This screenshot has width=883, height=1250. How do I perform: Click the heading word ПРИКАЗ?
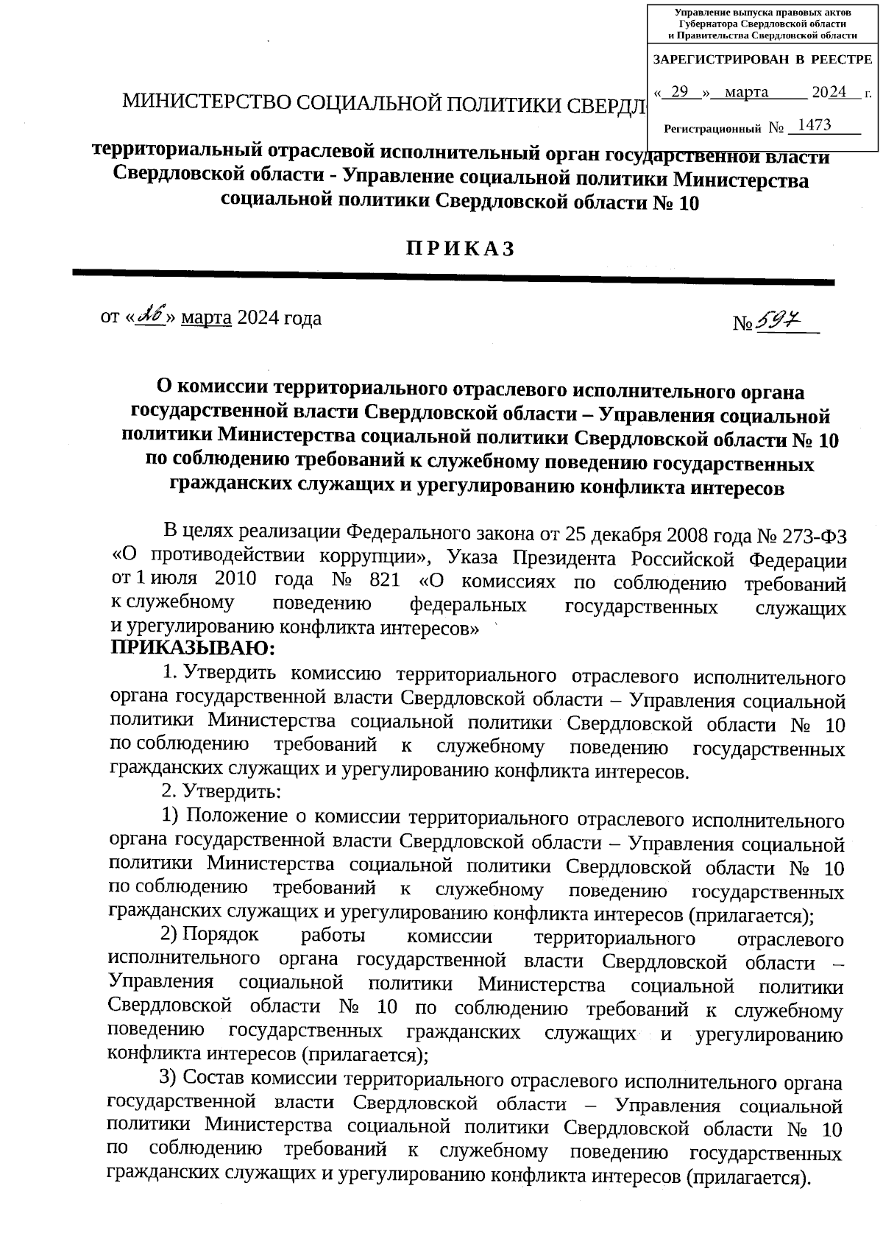pyautogui.click(x=461, y=249)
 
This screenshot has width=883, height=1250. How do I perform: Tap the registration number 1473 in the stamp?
pyautogui.click(x=815, y=125)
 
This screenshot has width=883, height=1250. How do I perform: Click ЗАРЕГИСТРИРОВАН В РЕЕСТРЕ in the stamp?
pyautogui.click(x=762, y=60)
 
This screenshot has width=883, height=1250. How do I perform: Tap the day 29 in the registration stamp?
pyautogui.click(x=680, y=92)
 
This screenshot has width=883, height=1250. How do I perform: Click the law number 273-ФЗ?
pyautogui.click(x=809, y=534)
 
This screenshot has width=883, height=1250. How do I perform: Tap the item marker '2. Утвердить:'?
pyautogui.click(x=221, y=792)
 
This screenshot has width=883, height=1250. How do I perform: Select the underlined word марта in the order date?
pyautogui.click(x=206, y=318)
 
